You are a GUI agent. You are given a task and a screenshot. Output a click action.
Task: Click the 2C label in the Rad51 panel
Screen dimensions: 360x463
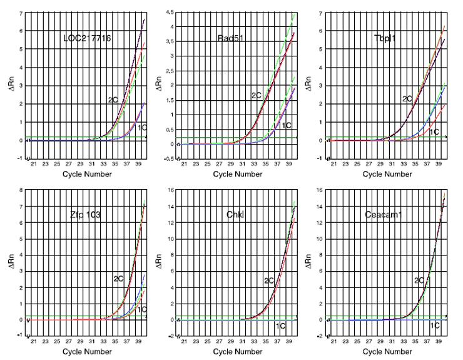point(257,95)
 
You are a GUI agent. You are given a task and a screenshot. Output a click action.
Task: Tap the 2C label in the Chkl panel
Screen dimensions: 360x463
point(270,280)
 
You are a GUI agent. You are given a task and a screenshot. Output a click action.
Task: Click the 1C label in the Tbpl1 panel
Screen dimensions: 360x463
point(434,132)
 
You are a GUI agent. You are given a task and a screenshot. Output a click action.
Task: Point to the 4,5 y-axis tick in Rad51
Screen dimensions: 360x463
point(168,13)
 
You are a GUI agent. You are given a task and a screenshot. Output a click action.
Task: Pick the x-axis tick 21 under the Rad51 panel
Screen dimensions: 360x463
point(183,165)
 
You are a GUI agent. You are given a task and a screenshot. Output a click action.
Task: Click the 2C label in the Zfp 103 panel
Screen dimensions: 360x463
point(118,278)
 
